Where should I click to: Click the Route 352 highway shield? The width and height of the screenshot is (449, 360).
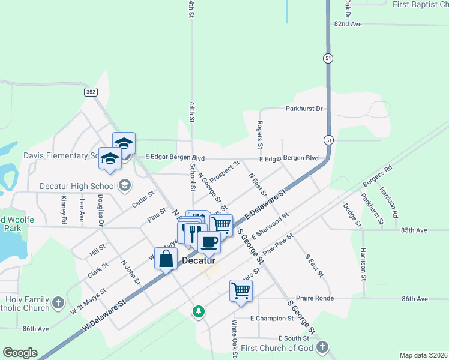[91, 92]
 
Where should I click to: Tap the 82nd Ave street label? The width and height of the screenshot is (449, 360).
[348, 24]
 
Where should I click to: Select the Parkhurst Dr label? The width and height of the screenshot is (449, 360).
[304, 109]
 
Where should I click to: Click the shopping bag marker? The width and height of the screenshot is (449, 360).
[166, 259]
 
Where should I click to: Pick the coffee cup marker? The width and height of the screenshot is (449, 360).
[208, 242]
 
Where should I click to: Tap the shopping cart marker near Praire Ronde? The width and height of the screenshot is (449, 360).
[241, 290]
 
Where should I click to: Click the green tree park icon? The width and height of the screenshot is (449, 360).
[199, 311]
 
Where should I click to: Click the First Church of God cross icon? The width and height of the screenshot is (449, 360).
[322, 347]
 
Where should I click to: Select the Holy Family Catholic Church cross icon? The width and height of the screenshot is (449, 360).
[58, 301]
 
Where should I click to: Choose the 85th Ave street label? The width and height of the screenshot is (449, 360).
[414, 230]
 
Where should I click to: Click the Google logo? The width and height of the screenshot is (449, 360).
[20, 353]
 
